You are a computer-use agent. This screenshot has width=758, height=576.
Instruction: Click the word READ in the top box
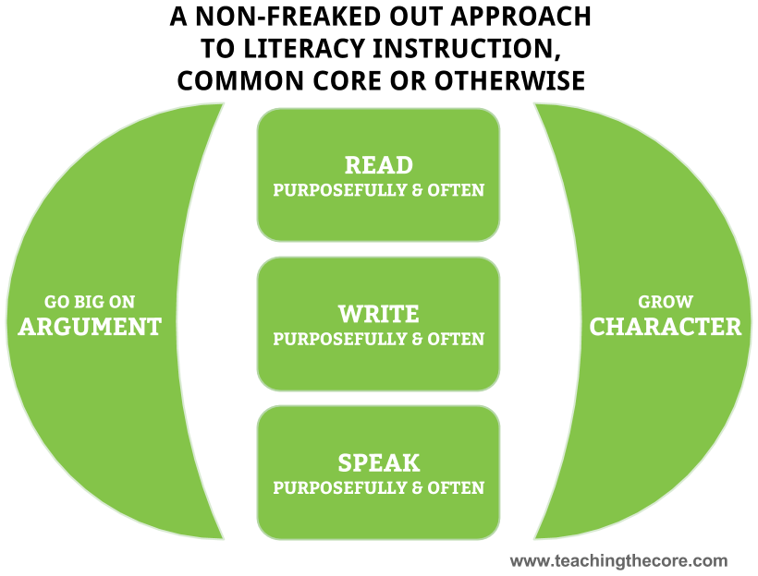click(378, 165)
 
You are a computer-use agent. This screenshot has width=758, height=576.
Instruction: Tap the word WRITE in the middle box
click(378, 314)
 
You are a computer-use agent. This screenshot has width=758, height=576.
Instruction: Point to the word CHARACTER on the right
click(666, 327)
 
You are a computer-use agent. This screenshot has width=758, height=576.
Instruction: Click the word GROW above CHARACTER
click(666, 302)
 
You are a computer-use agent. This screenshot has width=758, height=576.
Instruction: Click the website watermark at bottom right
click(620, 560)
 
